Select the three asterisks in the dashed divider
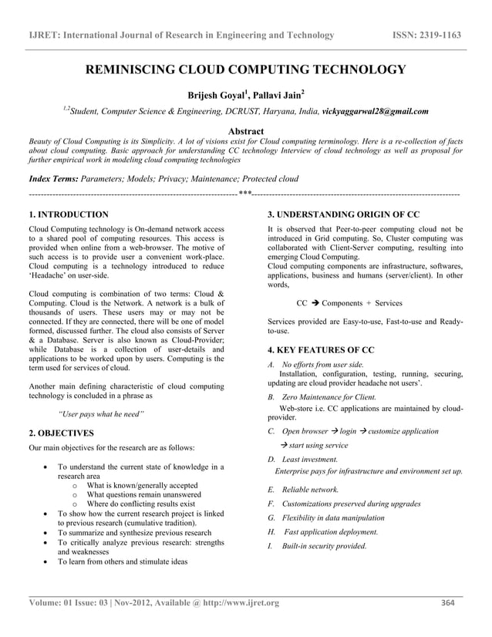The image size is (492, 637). (x=244, y=193)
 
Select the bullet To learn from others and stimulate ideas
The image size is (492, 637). (x=123, y=561)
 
